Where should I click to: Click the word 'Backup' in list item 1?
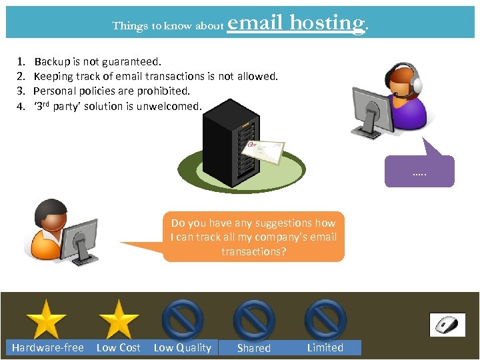[x=52, y=62]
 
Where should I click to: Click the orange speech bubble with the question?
[x=254, y=237]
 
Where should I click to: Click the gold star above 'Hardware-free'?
[x=46, y=319]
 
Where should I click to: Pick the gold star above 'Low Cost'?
[x=118, y=319]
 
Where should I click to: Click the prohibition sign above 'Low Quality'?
[x=183, y=319]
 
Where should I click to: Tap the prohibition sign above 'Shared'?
[x=254, y=319]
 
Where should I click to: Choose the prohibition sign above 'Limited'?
[x=325, y=319]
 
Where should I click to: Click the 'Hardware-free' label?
[x=47, y=347]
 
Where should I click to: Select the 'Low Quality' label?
[x=182, y=347]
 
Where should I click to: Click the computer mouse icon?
[x=447, y=325]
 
